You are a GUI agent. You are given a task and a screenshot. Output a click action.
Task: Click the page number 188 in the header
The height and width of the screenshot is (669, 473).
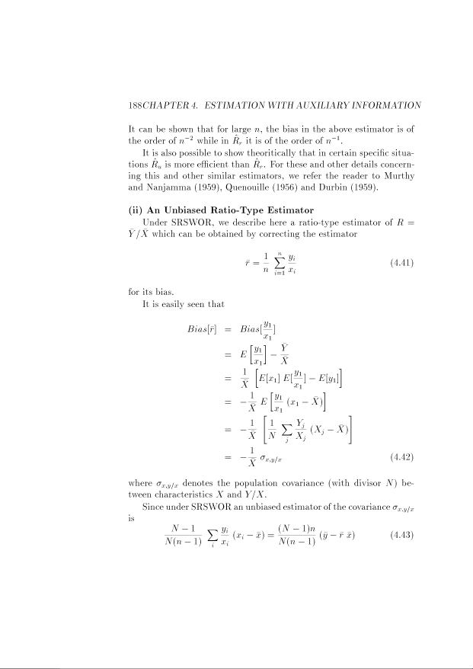(137, 104)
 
